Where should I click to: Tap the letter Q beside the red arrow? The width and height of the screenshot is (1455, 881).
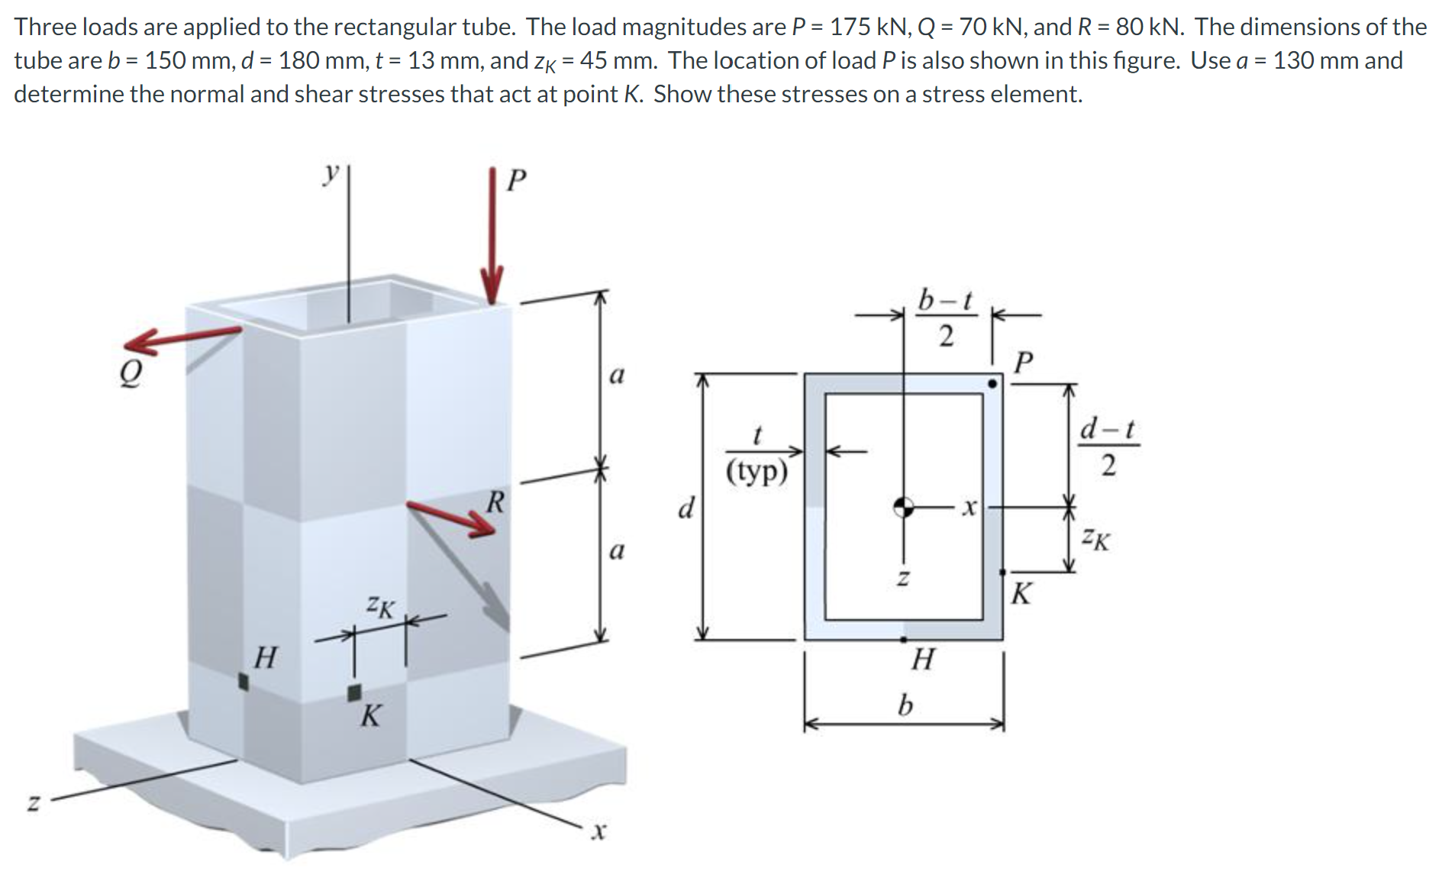coord(131,374)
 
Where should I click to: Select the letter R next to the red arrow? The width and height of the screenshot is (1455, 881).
coord(495,502)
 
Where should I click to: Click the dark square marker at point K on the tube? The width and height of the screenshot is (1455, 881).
coord(354,692)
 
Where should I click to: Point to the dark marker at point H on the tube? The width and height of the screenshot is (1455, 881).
coord(244,681)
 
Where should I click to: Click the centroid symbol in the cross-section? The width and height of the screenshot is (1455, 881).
coord(903,506)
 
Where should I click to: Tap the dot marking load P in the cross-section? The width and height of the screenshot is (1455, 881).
coord(992,383)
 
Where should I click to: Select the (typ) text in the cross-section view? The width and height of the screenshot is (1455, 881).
coord(756,471)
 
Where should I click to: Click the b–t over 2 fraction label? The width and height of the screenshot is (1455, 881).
coord(945,317)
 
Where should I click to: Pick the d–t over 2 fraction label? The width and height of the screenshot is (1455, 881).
coord(1108,446)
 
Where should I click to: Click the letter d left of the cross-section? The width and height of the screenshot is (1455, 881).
coord(686,507)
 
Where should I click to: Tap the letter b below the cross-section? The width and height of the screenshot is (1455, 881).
coord(905,704)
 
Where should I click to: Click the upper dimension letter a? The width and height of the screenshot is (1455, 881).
coord(616,375)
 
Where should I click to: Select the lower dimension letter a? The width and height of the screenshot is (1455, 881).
coord(616,550)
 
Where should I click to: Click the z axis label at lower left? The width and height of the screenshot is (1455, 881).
coord(33,802)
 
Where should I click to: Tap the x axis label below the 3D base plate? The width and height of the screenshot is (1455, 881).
coord(598,831)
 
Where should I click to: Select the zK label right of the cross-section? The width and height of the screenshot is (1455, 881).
coord(1095,539)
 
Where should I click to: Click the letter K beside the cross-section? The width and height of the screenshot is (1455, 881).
coord(1021,593)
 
